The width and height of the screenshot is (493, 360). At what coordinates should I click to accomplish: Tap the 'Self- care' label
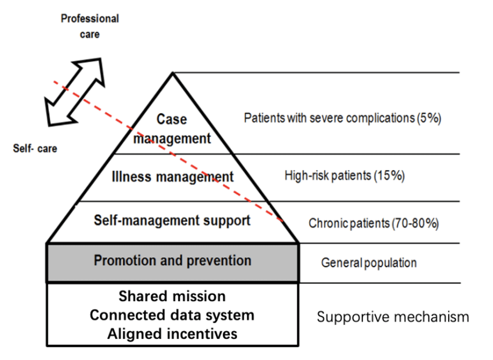coord(35,149)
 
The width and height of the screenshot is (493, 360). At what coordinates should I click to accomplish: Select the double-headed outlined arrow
coord(74,91)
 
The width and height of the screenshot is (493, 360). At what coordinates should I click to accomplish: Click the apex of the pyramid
coord(173,74)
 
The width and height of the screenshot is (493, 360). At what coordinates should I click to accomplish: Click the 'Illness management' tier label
coord(173,177)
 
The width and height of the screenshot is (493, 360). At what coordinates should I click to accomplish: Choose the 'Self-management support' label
coord(172,220)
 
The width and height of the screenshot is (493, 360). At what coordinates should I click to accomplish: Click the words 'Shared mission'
coord(172,296)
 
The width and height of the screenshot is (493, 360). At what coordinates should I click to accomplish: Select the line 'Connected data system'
coord(172,315)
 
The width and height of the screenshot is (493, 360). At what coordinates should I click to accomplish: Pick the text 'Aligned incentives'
coord(172,334)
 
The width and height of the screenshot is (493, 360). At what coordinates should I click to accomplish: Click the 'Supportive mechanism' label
coord(393,317)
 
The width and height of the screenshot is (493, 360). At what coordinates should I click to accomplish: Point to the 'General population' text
coord(369,262)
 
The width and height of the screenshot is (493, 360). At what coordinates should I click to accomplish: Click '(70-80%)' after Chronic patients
coord(415,224)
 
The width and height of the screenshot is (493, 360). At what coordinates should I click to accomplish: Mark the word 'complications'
coord(378,119)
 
